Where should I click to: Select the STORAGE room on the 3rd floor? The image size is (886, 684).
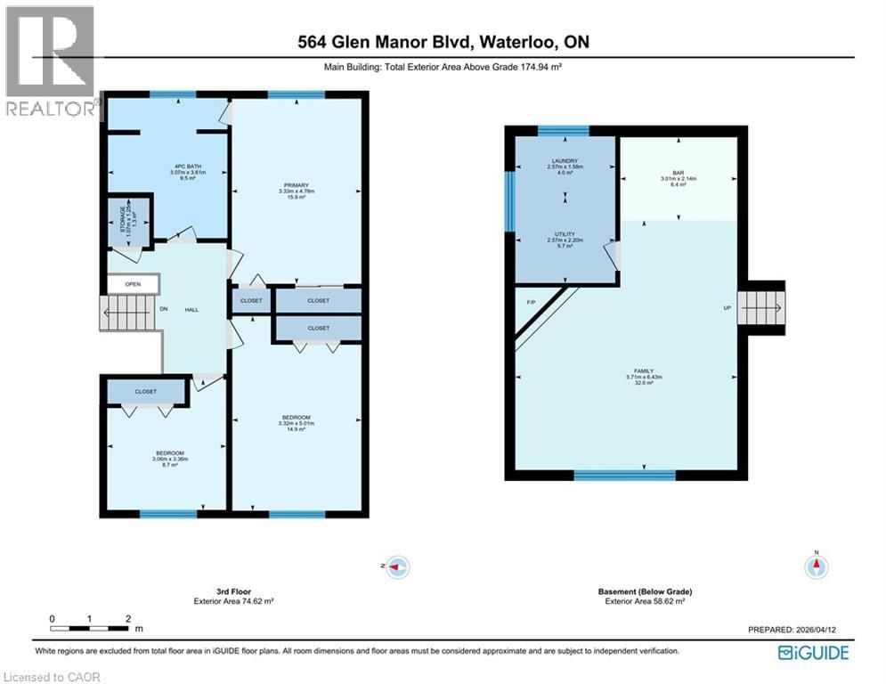[126, 216]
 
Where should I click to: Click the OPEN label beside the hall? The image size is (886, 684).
[133, 285]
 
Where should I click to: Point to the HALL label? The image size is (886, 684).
[191, 309]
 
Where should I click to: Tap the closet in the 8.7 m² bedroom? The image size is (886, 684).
[146, 392]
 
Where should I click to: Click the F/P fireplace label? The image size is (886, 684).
[532, 303]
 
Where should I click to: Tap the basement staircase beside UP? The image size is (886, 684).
[765, 308]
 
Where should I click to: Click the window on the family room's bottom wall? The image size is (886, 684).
[611, 475]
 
